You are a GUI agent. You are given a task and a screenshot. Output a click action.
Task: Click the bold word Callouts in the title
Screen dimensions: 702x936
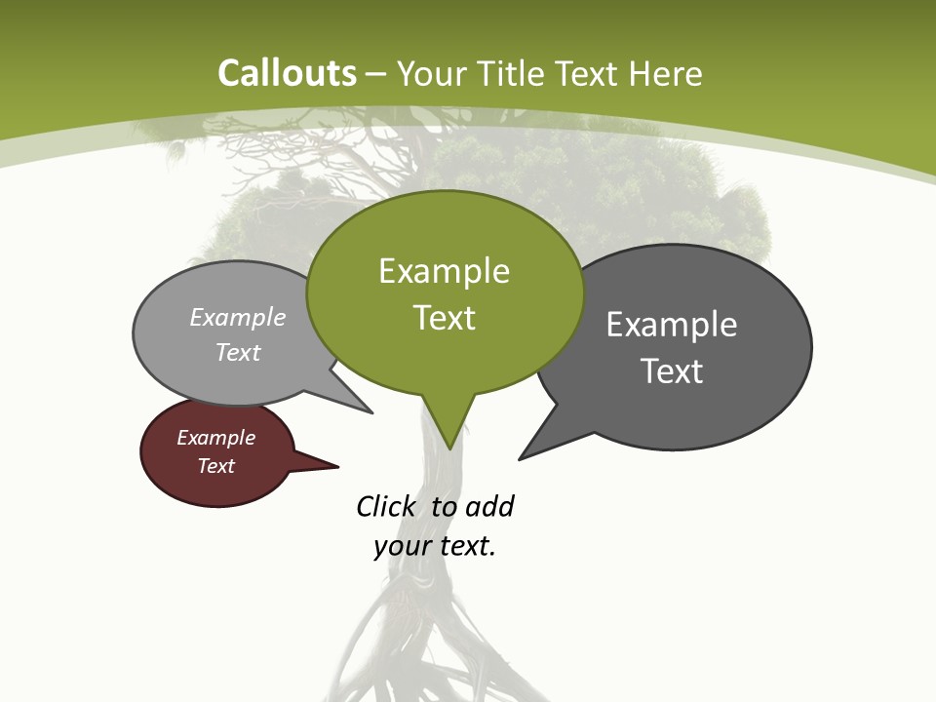(x=287, y=73)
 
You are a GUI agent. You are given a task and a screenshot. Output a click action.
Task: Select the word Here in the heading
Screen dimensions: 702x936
(x=665, y=73)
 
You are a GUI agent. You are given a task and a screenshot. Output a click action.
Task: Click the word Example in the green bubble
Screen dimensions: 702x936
(x=444, y=271)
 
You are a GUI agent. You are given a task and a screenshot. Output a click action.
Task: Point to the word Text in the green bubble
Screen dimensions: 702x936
(x=444, y=318)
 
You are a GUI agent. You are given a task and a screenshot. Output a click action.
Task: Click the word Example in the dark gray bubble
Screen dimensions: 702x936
(x=672, y=325)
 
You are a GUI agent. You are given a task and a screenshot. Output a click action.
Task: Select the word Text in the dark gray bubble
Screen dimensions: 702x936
(x=672, y=371)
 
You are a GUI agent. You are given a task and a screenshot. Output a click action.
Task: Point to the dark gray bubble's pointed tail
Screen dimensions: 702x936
(x=526, y=453)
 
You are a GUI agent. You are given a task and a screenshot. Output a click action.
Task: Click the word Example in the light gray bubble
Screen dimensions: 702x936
(x=238, y=317)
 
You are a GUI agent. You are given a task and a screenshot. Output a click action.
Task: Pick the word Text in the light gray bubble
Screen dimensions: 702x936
(x=238, y=352)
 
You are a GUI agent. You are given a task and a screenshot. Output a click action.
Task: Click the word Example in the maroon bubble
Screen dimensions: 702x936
(x=215, y=438)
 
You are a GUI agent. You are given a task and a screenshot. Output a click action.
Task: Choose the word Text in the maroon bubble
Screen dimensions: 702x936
(x=215, y=466)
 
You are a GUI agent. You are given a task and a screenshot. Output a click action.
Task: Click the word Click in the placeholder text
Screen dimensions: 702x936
(x=385, y=506)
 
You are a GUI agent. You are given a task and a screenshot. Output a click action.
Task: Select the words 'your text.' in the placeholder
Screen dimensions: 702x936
(x=435, y=546)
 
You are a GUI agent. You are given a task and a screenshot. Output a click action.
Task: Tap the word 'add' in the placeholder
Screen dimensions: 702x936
(x=489, y=506)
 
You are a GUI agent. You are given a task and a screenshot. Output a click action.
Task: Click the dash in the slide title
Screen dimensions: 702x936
(x=376, y=73)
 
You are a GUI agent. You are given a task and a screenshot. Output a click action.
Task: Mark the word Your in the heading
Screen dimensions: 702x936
(x=432, y=73)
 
